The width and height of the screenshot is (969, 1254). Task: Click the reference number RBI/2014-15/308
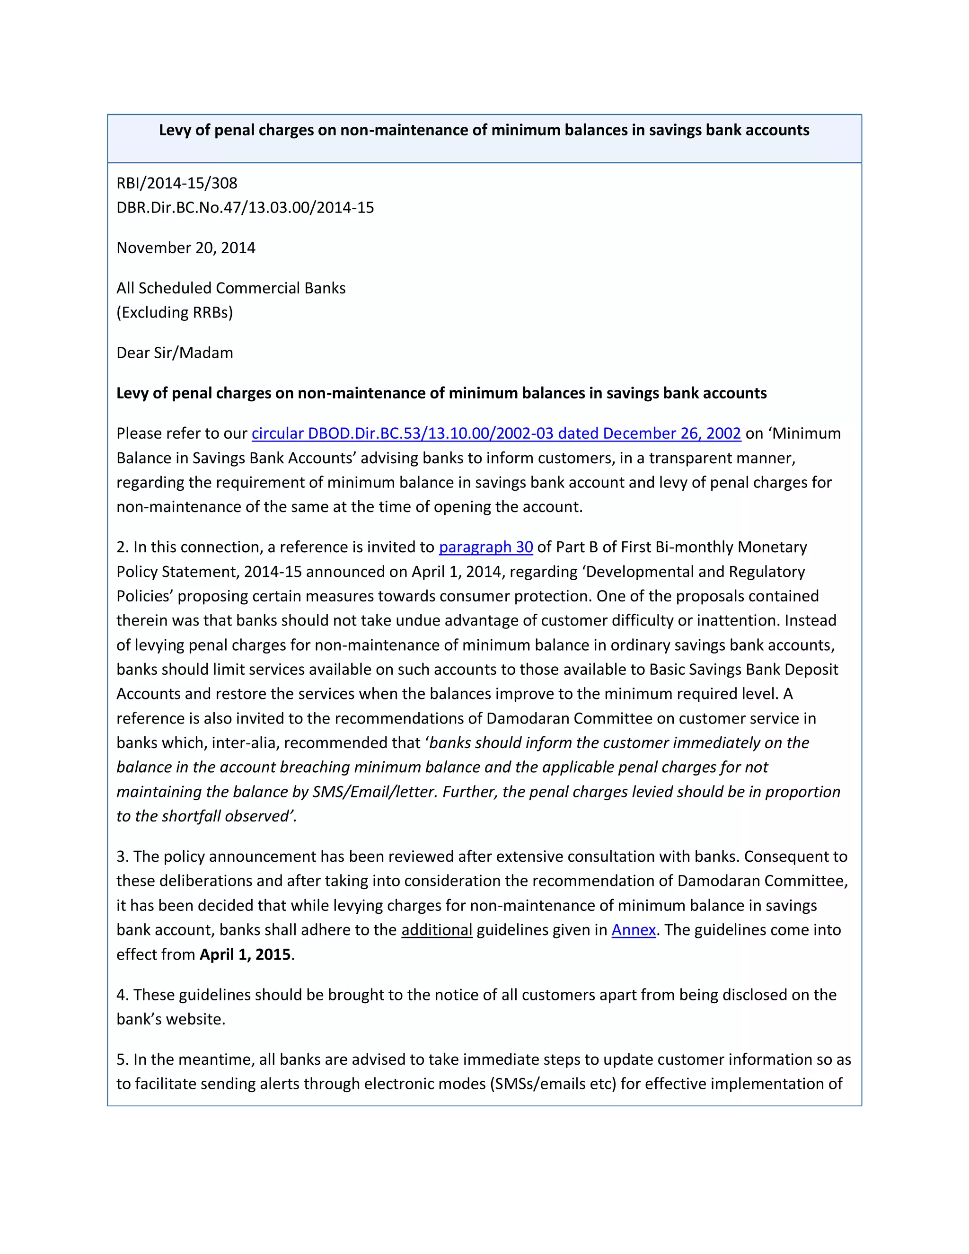177,183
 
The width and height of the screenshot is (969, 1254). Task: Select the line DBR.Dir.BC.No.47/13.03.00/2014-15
245,207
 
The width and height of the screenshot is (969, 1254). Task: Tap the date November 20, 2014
186,247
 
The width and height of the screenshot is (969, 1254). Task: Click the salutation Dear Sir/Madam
175,353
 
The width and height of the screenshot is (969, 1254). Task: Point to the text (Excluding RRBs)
175,312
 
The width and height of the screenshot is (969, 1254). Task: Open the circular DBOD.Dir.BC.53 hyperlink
496,433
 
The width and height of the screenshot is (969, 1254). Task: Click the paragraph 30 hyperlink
485,547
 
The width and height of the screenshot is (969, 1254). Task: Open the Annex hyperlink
633,930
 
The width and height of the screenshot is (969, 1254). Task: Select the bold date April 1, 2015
245,954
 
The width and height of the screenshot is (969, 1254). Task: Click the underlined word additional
436,930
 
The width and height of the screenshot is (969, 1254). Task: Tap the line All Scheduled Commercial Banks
231,288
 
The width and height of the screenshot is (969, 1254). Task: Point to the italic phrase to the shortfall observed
205,816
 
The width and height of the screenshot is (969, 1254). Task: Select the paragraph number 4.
121,995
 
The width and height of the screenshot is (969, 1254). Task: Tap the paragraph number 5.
121,1060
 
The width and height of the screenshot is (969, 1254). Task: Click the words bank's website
170,1019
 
